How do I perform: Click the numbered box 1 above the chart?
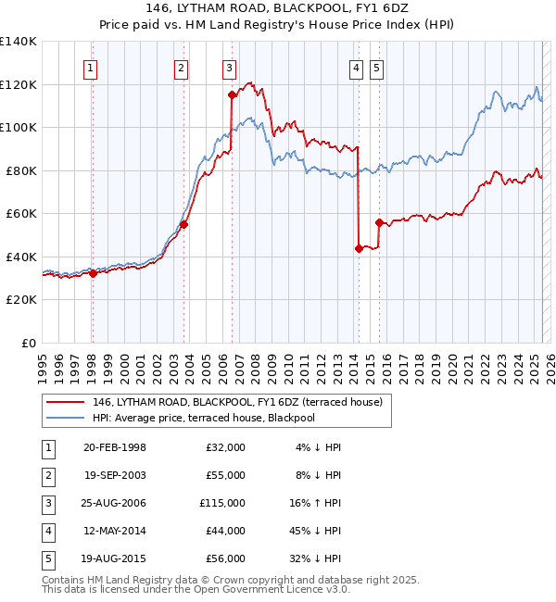point(91,67)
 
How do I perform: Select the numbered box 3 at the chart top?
point(228,67)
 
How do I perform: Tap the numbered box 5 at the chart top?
point(376,67)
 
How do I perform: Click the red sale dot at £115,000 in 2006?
point(231,94)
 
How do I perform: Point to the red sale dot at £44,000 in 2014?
point(358,248)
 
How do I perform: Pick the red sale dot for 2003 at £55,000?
point(184,223)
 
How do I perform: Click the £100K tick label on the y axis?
point(19,127)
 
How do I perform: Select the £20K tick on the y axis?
point(21,300)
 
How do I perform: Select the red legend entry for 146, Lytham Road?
point(243,401)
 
